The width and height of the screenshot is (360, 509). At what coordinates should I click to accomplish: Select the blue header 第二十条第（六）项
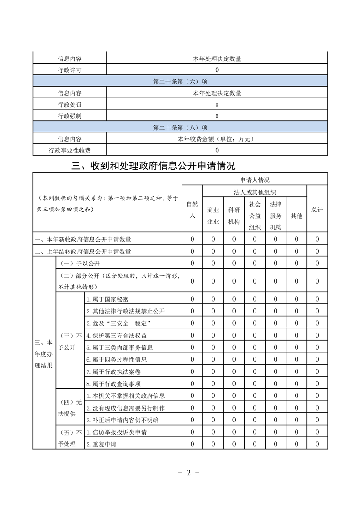[x=180, y=82]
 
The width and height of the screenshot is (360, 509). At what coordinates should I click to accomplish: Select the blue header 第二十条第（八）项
[x=180, y=127]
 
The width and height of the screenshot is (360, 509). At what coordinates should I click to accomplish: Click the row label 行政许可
[x=69, y=70]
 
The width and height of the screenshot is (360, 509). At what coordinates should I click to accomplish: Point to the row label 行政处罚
[x=69, y=105]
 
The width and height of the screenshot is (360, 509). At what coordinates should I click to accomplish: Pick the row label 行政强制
[x=69, y=116]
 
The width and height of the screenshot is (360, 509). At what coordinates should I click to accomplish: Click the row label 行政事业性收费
[x=69, y=150]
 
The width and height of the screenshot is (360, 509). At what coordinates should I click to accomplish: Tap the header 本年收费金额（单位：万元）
[x=217, y=139]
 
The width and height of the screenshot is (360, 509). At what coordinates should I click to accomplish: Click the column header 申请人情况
[x=255, y=180]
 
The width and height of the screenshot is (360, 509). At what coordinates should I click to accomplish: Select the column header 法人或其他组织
[x=255, y=192]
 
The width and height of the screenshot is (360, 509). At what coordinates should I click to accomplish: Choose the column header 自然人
[x=192, y=210]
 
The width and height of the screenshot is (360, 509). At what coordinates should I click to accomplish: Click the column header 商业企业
[x=213, y=216]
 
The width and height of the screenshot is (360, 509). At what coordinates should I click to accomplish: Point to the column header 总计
[x=317, y=210]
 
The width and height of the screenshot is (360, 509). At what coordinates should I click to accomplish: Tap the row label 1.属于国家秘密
[x=108, y=299]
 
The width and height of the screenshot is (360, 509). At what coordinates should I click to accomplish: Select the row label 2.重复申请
[x=101, y=444]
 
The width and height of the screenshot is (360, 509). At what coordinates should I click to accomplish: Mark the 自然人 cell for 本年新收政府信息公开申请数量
[x=192, y=240]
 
